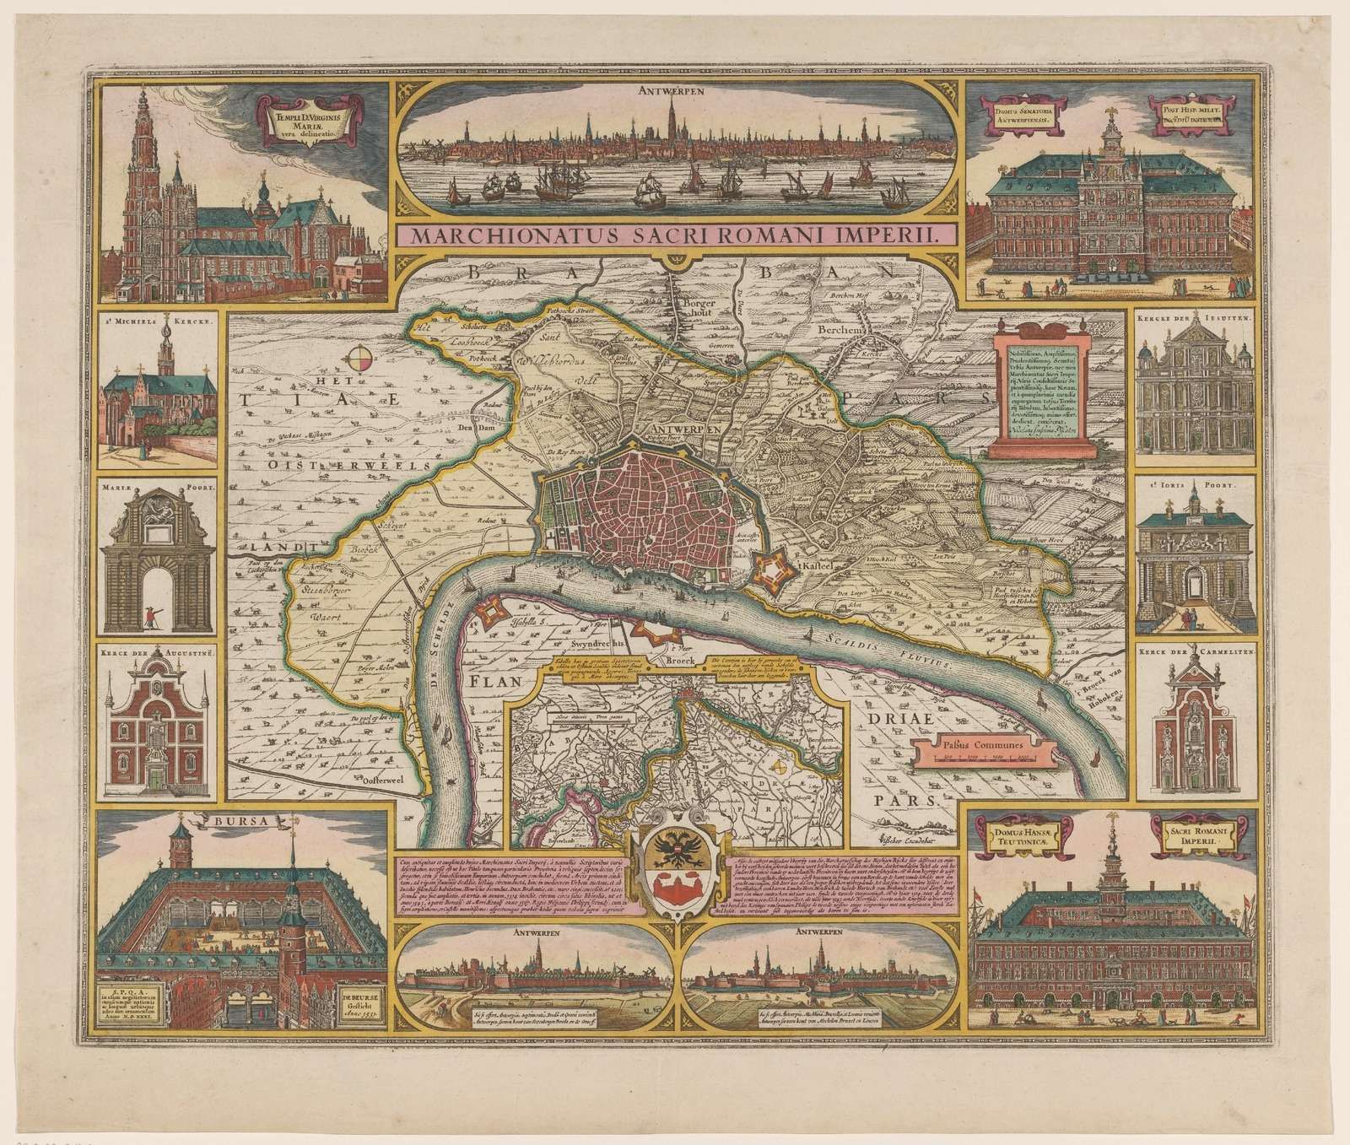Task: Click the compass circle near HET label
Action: [x=359, y=359]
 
